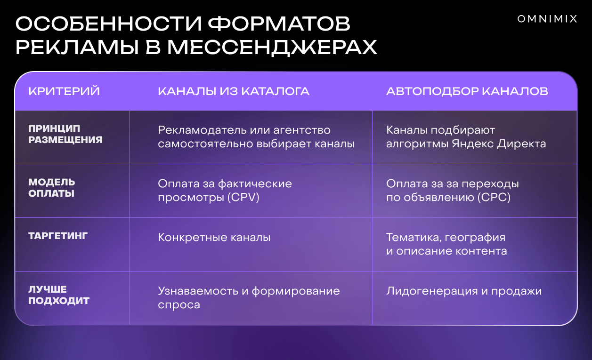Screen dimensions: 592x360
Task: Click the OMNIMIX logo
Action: (x=547, y=19)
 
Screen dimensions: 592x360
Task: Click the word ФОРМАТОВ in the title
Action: (x=279, y=24)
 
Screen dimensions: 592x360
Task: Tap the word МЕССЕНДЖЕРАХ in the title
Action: (x=272, y=48)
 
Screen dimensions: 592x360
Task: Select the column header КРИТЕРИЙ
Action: (x=64, y=91)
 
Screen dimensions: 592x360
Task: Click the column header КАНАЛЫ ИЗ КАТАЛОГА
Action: (x=234, y=91)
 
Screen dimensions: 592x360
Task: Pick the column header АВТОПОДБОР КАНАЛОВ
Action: (x=467, y=91)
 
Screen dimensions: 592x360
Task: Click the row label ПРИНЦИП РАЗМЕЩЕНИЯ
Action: (x=65, y=134)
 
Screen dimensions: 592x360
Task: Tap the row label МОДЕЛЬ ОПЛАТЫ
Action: (x=51, y=188)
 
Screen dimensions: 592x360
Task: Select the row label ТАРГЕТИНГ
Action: (x=58, y=236)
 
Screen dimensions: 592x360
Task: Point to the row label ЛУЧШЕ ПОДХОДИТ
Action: (x=59, y=295)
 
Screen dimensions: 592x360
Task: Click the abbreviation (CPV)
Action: (x=243, y=197)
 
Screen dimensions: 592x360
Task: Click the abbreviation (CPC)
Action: (x=494, y=197)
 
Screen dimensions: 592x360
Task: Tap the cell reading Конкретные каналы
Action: (x=214, y=237)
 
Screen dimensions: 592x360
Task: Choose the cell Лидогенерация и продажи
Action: (x=464, y=291)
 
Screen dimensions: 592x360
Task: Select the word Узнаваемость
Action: (x=198, y=291)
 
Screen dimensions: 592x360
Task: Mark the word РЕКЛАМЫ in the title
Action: (x=77, y=48)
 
